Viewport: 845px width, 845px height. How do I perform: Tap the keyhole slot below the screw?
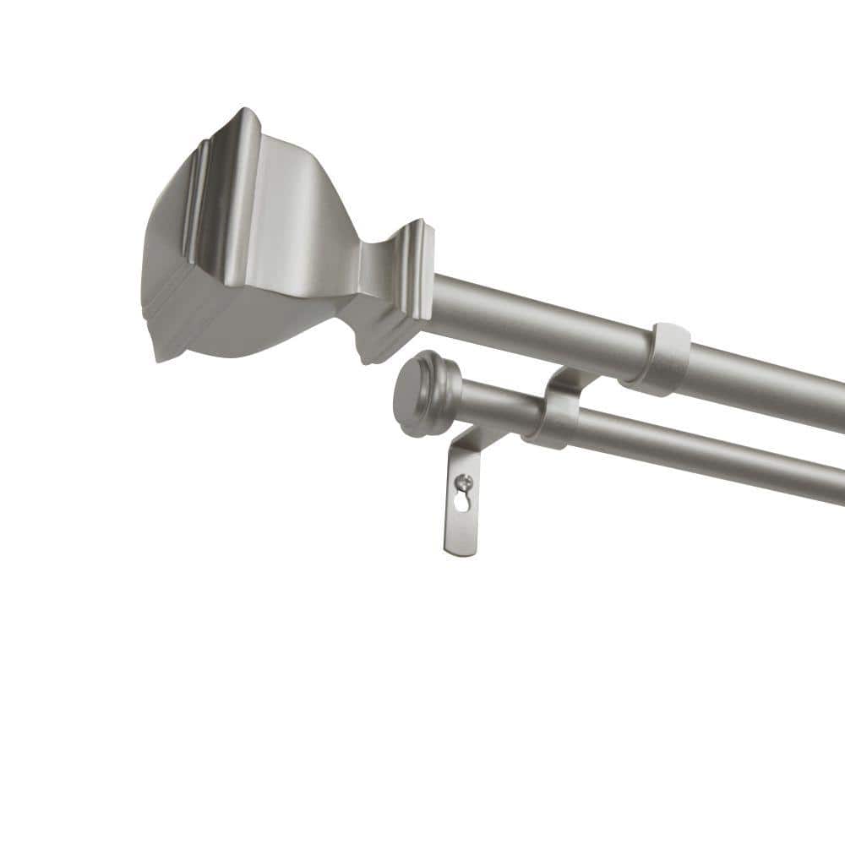[461, 500]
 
